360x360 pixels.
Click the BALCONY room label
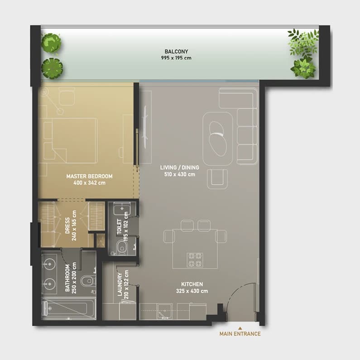(176, 52)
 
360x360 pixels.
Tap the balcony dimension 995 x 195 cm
(176, 58)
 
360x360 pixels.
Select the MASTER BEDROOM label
(89, 176)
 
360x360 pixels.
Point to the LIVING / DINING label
(179, 168)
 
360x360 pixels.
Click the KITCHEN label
(192, 284)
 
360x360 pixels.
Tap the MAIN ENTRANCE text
(240, 334)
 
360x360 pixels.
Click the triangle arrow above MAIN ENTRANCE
(240, 328)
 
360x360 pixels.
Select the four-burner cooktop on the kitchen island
(195, 260)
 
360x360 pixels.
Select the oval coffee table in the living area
(218, 139)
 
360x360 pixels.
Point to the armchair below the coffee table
(217, 179)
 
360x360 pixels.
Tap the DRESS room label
(67, 226)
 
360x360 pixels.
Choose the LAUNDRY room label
(120, 284)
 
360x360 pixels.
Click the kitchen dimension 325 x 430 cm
(192, 291)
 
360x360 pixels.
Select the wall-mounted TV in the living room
(144, 127)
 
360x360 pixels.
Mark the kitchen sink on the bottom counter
(165, 312)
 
